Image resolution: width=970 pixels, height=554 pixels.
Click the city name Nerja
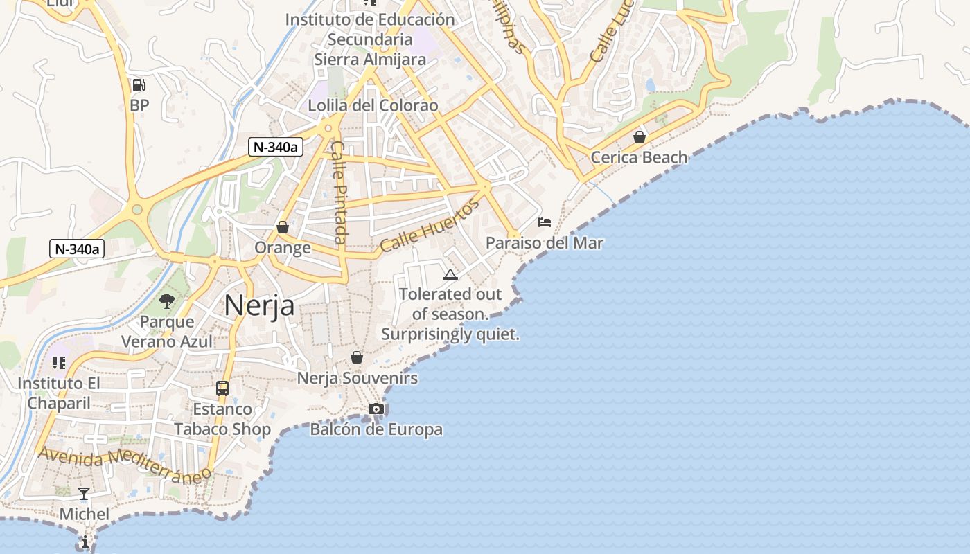(259, 305)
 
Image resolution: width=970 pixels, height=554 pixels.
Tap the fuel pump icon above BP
(139, 85)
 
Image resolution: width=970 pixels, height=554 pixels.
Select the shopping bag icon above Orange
(283, 227)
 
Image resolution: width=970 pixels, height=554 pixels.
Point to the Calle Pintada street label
(338, 193)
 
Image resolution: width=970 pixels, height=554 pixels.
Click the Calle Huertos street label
(430, 225)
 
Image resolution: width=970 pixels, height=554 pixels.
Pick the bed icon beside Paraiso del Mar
(545, 222)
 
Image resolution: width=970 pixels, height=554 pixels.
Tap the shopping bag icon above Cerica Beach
(640, 137)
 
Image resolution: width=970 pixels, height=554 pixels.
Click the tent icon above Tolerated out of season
(450, 274)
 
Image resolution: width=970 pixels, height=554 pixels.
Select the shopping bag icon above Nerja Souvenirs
(357, 357)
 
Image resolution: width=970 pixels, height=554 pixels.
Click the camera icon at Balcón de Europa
(376, 409)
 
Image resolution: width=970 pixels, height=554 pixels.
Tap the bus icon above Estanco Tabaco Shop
(222, 388)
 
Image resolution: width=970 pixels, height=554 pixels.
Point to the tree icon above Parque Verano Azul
(167, 301)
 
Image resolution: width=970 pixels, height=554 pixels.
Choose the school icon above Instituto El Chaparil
(59, 363)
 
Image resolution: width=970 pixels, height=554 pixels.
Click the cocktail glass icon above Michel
(84, 493)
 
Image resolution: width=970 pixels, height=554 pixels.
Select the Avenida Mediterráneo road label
(125, 465)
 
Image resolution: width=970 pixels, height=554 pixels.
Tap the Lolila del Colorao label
(373, 106)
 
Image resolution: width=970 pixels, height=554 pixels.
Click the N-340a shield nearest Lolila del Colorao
(276, 146)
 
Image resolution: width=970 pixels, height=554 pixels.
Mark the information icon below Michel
(85, 542)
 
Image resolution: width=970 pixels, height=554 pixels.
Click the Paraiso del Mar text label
(544, 243)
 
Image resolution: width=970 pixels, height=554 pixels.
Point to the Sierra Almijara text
(370, 60)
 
